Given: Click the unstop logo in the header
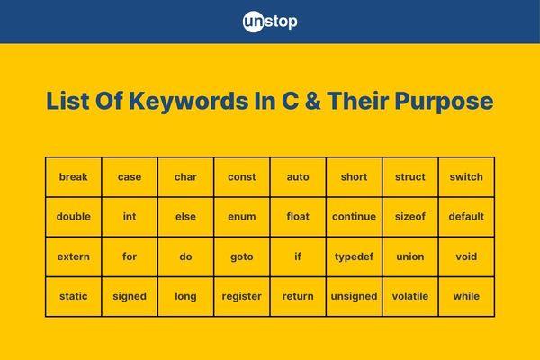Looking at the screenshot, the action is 270,22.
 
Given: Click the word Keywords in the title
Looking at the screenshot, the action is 188,102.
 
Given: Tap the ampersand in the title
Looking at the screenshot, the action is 312,101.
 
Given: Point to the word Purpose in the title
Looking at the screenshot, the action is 444,102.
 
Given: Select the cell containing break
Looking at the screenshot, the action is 74,177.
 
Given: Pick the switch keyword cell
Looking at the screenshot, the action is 466,177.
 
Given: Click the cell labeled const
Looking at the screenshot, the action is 242,177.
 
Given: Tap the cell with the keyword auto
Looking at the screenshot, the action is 298,177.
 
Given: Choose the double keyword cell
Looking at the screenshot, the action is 74,217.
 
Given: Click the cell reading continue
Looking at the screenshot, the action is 354,217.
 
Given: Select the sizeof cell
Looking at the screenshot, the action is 410,217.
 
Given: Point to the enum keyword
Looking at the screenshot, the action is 242,217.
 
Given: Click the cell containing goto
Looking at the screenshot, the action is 242,256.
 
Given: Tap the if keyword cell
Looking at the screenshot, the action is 298,256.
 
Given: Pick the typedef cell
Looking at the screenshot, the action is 354,256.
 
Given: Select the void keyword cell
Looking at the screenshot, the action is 466,256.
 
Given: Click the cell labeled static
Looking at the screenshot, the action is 74,296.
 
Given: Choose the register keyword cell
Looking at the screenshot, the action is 242,296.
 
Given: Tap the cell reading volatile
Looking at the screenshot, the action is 410,296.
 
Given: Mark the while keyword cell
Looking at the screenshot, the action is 466,296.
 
